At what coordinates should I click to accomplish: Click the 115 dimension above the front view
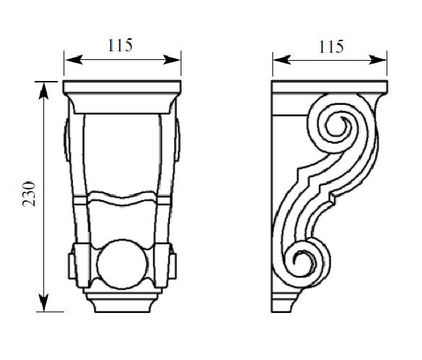120,46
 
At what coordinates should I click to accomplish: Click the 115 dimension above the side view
331,47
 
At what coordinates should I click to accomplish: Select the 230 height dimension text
29,194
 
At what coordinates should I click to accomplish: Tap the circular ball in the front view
122,264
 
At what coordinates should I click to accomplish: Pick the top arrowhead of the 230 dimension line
43,91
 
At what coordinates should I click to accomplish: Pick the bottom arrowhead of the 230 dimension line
43,302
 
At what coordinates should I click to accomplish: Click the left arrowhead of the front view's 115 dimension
74,60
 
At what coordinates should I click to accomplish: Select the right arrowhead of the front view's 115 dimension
172,60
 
